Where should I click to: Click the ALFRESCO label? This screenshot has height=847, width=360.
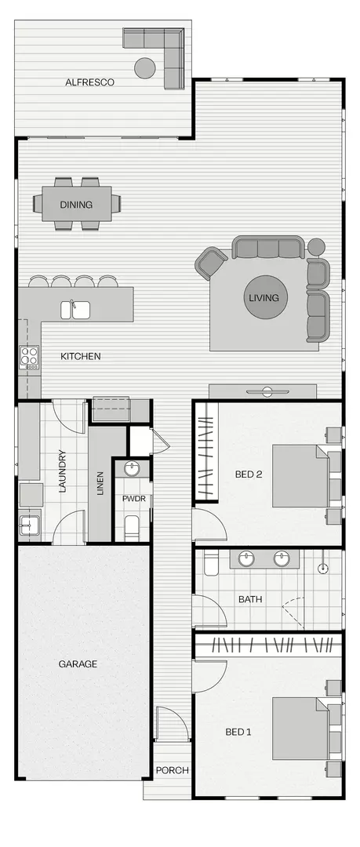(90, 82)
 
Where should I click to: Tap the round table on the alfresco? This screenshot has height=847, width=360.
(145, 68)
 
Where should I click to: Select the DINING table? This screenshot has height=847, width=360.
(77, 205)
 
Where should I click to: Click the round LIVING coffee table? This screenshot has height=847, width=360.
(264, 298)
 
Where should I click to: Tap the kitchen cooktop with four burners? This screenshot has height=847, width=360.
(29, 358)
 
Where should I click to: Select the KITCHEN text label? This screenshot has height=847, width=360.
(81, 357)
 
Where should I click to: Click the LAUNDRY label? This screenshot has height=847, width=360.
(62, 471)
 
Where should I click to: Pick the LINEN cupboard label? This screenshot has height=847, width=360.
(99, 483)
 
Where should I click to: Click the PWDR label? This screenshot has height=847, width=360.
(131, 498)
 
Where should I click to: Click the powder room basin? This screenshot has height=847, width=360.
(132, 469)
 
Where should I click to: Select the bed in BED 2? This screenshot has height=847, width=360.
(301, 476)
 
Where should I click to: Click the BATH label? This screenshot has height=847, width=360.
(250, 599)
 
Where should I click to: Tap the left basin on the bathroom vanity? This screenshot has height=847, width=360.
(248, 559)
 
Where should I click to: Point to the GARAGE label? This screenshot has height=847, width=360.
(78, 664)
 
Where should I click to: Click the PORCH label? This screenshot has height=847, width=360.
(173, 770)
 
